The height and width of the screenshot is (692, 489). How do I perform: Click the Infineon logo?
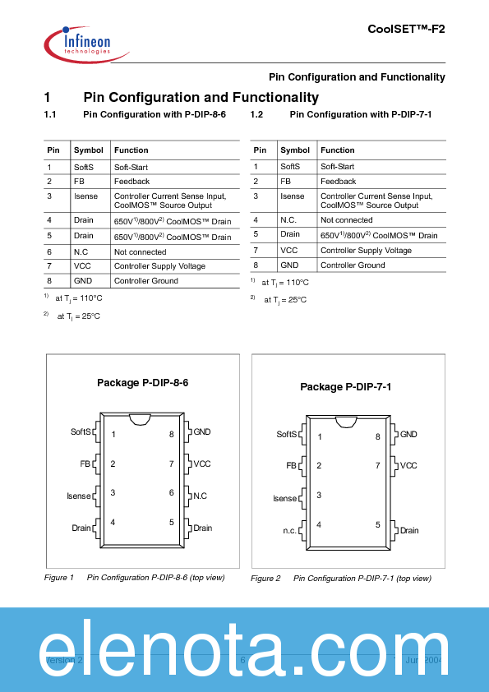tap(85, 41)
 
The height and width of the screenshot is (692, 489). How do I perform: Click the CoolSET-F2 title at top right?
tap(406, 28)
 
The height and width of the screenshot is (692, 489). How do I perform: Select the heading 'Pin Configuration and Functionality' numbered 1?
tap(201, 97)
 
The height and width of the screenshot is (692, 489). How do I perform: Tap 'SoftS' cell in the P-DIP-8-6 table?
tap(84, 166)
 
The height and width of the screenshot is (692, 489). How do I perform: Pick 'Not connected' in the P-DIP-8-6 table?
tap(140, 252)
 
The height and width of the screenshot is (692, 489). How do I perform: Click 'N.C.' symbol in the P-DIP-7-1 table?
tap(289, 220)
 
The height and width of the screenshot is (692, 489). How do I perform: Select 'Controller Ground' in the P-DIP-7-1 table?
tap(353, 265)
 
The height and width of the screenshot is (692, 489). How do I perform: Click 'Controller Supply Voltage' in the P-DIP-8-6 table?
tap(159, 266)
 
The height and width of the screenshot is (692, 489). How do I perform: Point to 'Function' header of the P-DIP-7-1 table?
tap(337, 150)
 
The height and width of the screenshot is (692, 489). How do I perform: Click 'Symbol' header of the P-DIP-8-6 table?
tap(89, 150)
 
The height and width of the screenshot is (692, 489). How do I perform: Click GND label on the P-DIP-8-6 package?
tap(201, 431)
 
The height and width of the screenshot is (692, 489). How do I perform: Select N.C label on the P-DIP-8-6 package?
tap(200, 496)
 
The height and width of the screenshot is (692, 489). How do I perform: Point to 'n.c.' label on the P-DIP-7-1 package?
tap(290, 531)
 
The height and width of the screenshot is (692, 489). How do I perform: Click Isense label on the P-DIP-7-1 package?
tap(285, 499)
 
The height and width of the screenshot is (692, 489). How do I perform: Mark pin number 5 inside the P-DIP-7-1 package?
tap(378, 524)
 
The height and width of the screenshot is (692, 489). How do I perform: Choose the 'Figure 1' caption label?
tap(59, 578)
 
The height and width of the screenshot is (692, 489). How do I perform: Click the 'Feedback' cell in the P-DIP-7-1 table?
tap(338, 181)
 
